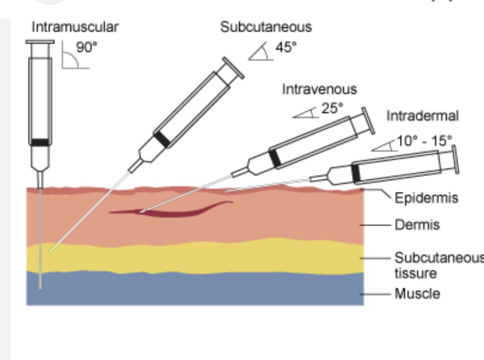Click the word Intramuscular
tap(75, 27)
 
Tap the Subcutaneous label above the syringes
tap(266, 27)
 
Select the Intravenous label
tap(319, 89)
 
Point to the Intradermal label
tap(422, 116)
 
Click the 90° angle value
tap(86, 48)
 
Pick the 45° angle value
tap(285, 48)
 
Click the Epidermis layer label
tap(426, 198)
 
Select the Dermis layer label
tap(417, 225)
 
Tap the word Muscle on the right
tap(417, 294)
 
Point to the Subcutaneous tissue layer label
tap(438, 265)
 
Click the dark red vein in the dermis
tap(174, 210)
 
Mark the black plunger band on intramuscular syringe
tap(40, 142)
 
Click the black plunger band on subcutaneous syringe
tap(161, 139)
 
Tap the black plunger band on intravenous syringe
tap(274, 157)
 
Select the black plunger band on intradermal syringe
tap(356, 172)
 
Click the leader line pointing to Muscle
tap(378, 295)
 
